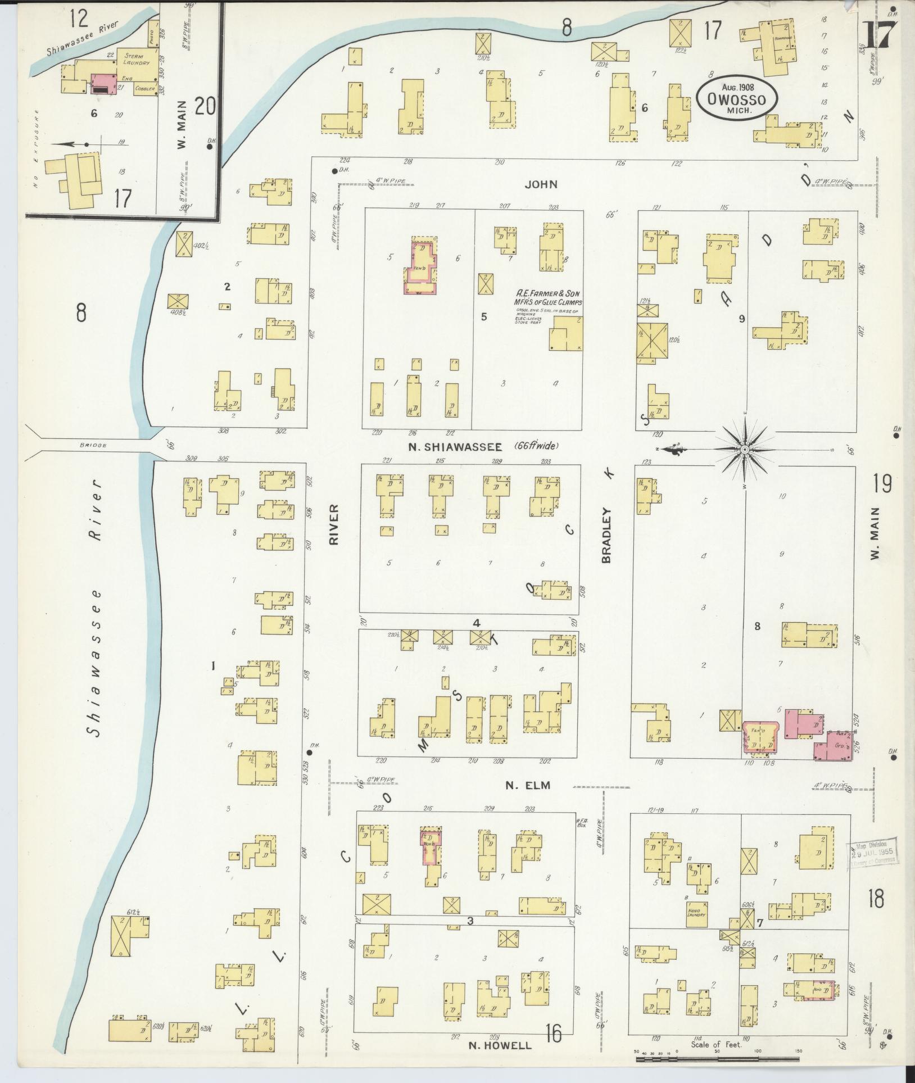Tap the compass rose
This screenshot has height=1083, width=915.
click(744, 450)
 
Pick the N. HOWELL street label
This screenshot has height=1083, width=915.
click(500, 1045)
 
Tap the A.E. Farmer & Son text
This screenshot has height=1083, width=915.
click(547, 293)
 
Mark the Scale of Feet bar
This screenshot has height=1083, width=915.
click(717, 1059)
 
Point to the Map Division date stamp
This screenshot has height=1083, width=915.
click(873, 860)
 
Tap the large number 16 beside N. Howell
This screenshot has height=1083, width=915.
click(554, 1032)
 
